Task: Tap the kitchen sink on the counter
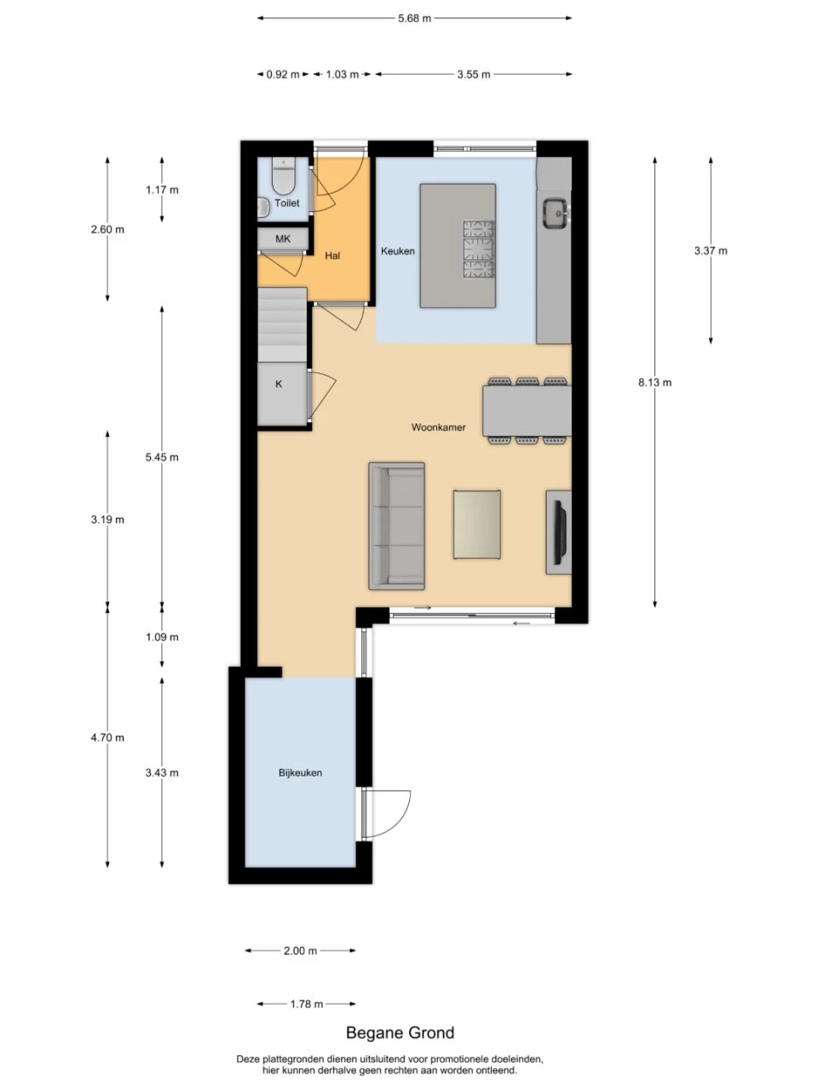(554, 213)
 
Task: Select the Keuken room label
(397, 251)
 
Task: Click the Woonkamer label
(438, 427)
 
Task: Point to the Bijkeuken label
(300, 772)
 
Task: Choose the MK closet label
(283, 238)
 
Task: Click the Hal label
(332, 255)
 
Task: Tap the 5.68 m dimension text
(414, 19)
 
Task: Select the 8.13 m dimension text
(654, 382)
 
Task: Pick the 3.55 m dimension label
(473, 74)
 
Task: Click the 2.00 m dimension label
(300, 950)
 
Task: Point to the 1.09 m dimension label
(162, 637)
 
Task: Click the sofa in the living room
(396, 526)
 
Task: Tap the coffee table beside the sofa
(477, 525)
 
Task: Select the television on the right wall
(560, 532)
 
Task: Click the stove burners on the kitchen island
(479, 250)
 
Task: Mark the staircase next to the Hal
(281, 324)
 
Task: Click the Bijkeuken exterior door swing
(386, 814)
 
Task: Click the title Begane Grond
(400, 1032)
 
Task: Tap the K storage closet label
(279, 384)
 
